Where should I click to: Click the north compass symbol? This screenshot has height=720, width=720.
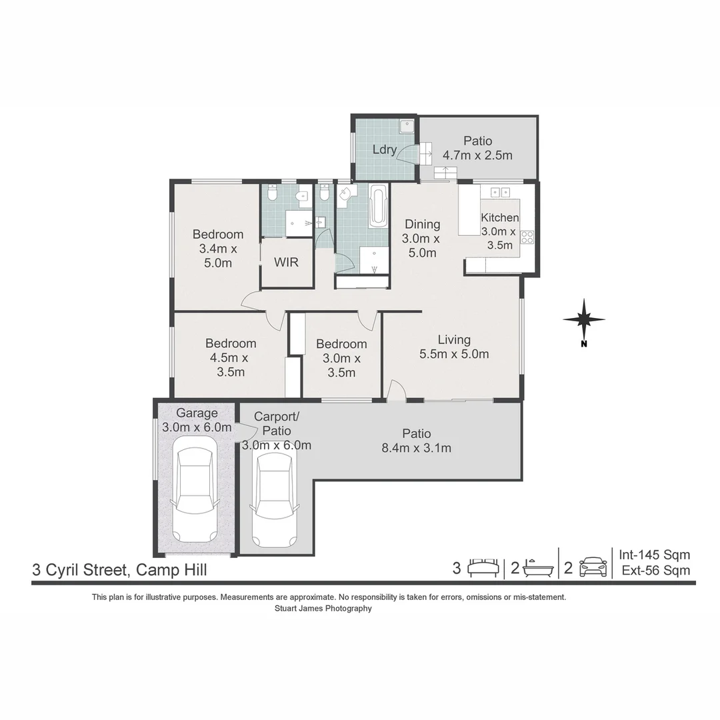coord(583,320)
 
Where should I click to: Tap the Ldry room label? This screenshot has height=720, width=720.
coord(384,149)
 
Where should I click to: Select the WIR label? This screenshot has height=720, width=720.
coord(286,262)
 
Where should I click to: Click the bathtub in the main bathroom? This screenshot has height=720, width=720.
coord(378,205)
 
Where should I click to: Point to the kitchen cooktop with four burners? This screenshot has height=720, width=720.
coord(527,237)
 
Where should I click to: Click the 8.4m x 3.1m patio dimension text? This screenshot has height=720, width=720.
coord(416,448)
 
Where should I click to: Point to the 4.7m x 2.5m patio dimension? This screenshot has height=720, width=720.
coord(477,155)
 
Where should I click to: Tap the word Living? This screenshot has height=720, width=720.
coord(454,340)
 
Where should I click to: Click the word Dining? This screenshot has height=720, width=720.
coord(422,224)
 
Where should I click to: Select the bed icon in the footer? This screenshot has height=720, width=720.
coord(483,568)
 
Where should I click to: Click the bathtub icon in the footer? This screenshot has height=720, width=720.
coord(538,569)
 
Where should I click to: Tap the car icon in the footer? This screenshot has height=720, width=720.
coord(593,568)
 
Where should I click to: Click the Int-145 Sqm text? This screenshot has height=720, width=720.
coord(654,555)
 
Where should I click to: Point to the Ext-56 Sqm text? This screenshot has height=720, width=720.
coord(655,570)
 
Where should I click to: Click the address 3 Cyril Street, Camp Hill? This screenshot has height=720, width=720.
coord(120,569)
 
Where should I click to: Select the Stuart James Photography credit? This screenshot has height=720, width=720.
coord(323,608)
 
